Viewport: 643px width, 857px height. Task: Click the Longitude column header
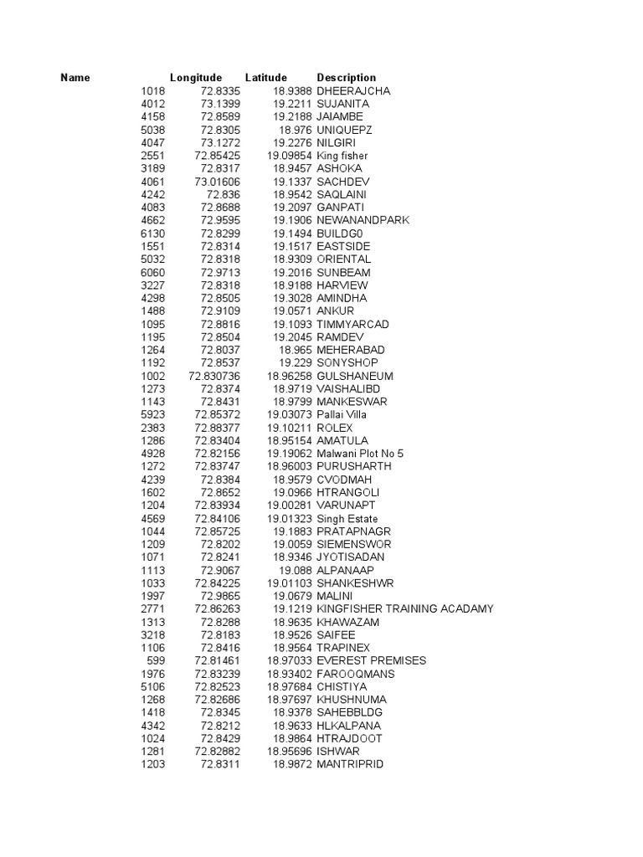[x=196, y=78]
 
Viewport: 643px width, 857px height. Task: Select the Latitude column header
[x=265, y=78]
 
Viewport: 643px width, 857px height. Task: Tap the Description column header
[x=347, y=78]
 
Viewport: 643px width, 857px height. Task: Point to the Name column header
[x=75, y=78]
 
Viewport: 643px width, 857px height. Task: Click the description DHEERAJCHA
[x=353, y=90]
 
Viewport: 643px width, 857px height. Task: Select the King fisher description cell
[x=342, y=156]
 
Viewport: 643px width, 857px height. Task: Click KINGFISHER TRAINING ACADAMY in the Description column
[x=405, y=608]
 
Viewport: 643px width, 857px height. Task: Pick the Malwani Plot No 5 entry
[x=360, y=453]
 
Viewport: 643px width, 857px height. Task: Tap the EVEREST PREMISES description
[x=371, y=660]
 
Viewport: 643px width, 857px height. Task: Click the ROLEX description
[x=335, y=427]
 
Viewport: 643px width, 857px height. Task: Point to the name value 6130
[x=153, y=233]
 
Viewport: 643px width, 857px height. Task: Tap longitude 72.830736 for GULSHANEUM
[x=214, y=376]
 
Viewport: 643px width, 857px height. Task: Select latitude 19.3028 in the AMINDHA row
[x=291, y=298]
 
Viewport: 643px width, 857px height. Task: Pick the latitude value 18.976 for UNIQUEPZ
[x=295, y=130]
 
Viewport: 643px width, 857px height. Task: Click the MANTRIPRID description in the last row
[x=350, y=764]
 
